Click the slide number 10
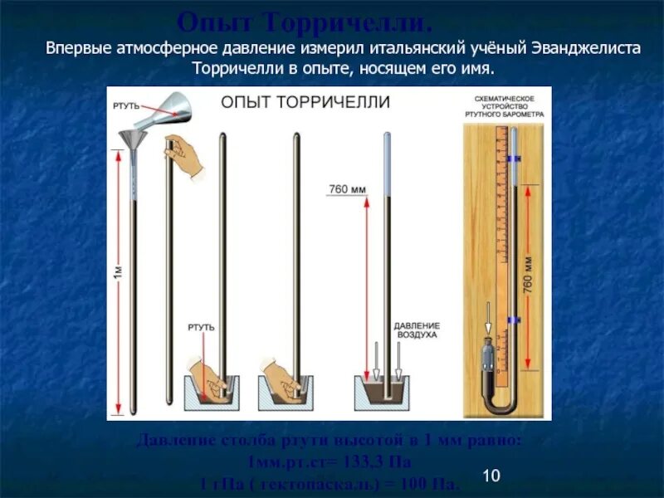tap(490, 476)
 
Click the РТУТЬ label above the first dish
tap(201, 327)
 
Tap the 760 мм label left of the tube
tap(346, 189)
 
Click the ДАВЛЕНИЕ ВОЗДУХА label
tap(417, 330)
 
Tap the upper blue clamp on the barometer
tap(515, 157)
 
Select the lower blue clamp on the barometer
tap(515, 318)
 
